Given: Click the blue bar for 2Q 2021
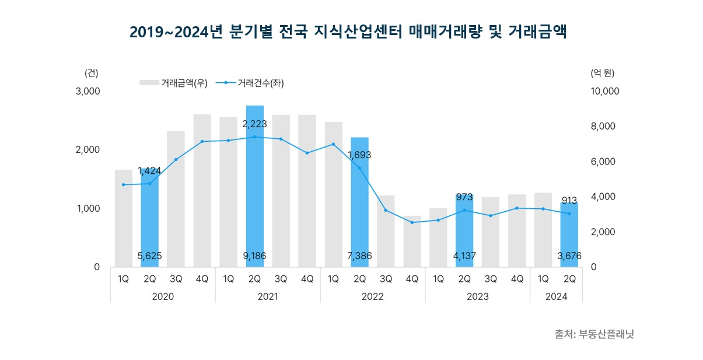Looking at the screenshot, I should [255, 193].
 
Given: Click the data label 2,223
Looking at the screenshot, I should [254, 124].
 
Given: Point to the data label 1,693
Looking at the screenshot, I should [359, 155].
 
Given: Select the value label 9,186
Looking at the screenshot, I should [254, 256].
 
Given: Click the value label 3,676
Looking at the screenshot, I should [569, 256].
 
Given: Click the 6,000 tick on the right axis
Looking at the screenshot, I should [604, 162].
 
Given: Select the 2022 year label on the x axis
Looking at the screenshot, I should [372, 296].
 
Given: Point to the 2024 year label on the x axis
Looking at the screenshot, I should [556, 296].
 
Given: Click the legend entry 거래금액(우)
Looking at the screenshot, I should [173, 83].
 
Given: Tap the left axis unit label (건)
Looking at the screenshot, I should [92, 73].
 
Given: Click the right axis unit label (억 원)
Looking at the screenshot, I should [603, 73].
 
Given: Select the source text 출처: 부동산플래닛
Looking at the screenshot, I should [594, 335].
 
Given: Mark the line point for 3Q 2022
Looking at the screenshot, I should [386, 210].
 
